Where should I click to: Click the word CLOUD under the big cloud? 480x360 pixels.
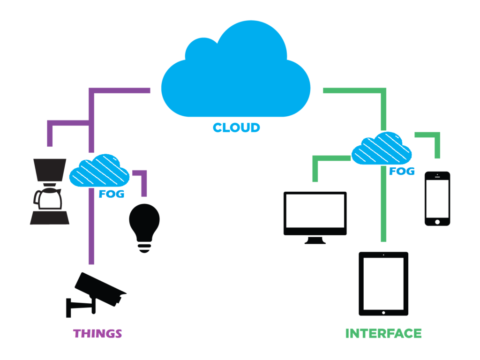click(236, 127)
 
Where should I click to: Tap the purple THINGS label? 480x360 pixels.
click(97, 334)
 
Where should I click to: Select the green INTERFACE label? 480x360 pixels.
click(383, 334)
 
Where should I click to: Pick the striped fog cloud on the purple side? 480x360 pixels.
click(99, 172)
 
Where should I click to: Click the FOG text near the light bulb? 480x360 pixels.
click(112, 194)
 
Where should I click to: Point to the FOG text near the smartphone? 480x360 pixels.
click(402, 172)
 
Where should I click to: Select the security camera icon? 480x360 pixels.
click(96, 292)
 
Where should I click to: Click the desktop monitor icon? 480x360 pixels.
click(315, 216)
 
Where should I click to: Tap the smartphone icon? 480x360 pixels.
click(437, 198)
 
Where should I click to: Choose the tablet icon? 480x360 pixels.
click(383, 284)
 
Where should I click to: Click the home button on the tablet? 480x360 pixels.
click(383, 312)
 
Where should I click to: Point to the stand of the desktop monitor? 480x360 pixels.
click(315, 240)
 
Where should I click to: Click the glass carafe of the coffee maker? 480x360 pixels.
click(48, 199)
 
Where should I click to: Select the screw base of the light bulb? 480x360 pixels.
click(144, 247)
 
